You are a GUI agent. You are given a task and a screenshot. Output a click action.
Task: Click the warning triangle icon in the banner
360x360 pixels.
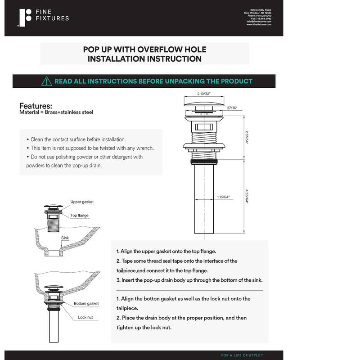pos(47,81)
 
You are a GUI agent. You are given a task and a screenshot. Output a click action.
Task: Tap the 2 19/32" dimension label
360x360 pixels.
pos(204,94)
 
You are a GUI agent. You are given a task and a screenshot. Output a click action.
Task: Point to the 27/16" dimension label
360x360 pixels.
pos(233,108)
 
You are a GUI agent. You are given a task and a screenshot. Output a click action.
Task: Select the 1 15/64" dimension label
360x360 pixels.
pos(224,197)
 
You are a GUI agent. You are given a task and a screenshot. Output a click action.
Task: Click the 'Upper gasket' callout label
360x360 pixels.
pos(82,202)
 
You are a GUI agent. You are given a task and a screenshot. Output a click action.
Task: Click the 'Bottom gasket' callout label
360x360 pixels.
pos(86,303)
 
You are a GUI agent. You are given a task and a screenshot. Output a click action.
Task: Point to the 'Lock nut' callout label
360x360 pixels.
pos(85,317)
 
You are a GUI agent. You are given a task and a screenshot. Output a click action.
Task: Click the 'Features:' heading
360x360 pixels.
pos(36,106)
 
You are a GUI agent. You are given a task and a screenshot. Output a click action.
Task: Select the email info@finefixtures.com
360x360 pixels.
pos(259,21)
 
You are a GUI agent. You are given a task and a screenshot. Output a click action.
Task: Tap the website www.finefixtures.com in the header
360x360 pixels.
pos(259,24)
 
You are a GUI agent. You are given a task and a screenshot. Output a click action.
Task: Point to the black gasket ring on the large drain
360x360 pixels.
pos(204,160)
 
